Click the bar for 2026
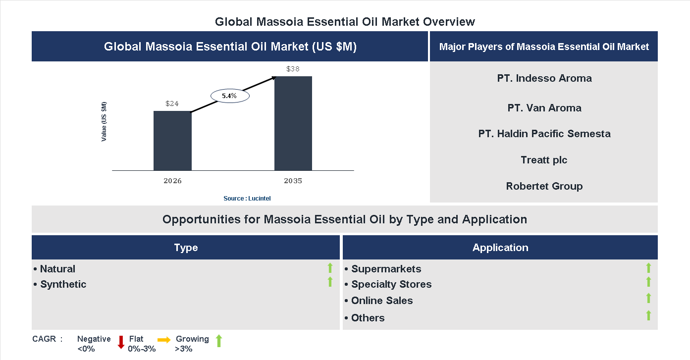point(172,141)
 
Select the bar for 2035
point(293,123)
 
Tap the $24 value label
point(172,104)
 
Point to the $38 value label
point(293,69)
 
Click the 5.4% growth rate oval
point(230,96)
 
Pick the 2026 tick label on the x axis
point(172,181)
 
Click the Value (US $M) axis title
point(104,121)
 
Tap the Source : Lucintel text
point(247,198)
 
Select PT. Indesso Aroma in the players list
point(544,78)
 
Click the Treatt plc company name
point(544,160)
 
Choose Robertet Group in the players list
point(544,186)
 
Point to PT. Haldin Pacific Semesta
point(544,134)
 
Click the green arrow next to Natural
point(330,268)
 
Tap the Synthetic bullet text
point(63,284)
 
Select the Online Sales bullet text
point(381,301)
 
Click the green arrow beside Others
point(648,315)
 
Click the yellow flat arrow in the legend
point(164,340)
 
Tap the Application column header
point(500,248)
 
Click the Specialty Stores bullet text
point(391,284)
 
